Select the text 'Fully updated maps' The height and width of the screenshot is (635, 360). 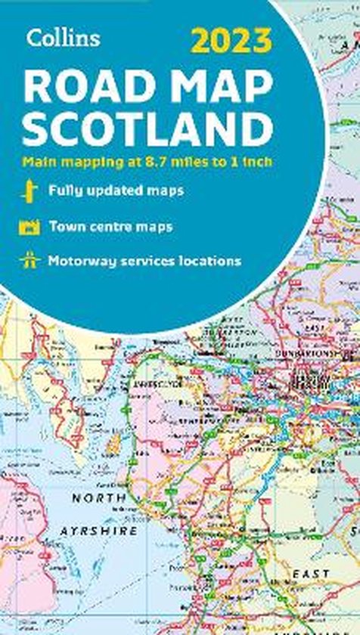point(115,190)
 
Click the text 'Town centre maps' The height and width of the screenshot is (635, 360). point(110,226)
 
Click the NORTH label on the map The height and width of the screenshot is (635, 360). point(99,497)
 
